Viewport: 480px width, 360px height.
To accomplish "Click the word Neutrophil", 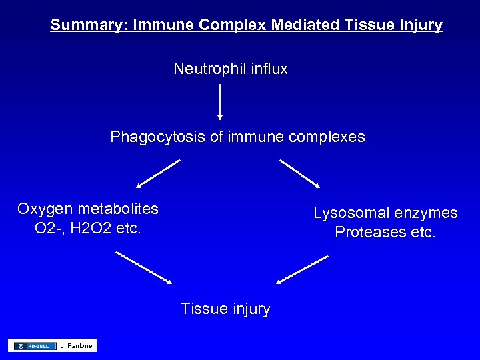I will click(204, 69).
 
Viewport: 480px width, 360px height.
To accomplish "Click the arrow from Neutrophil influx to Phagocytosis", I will click(220, 101).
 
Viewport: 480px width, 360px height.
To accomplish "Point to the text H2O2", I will click(89, 228).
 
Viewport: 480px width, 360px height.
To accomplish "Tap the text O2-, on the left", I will click(49, 228).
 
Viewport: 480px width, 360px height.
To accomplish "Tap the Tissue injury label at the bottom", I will click(225, 309).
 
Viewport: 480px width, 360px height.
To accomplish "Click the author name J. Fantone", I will click(77, 345).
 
